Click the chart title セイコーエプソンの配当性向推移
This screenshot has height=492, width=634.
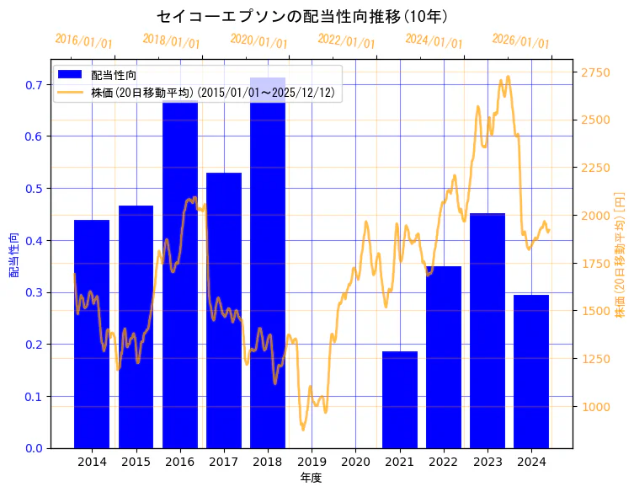tap(302, 16)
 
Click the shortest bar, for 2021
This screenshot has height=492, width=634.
tap(400, 399)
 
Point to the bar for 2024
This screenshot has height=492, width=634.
tap(531, 371)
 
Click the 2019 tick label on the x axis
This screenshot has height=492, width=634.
tap(312, 462)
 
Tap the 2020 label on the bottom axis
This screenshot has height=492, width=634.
tap(355, 462)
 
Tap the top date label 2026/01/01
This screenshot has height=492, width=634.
tap(520, 41)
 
